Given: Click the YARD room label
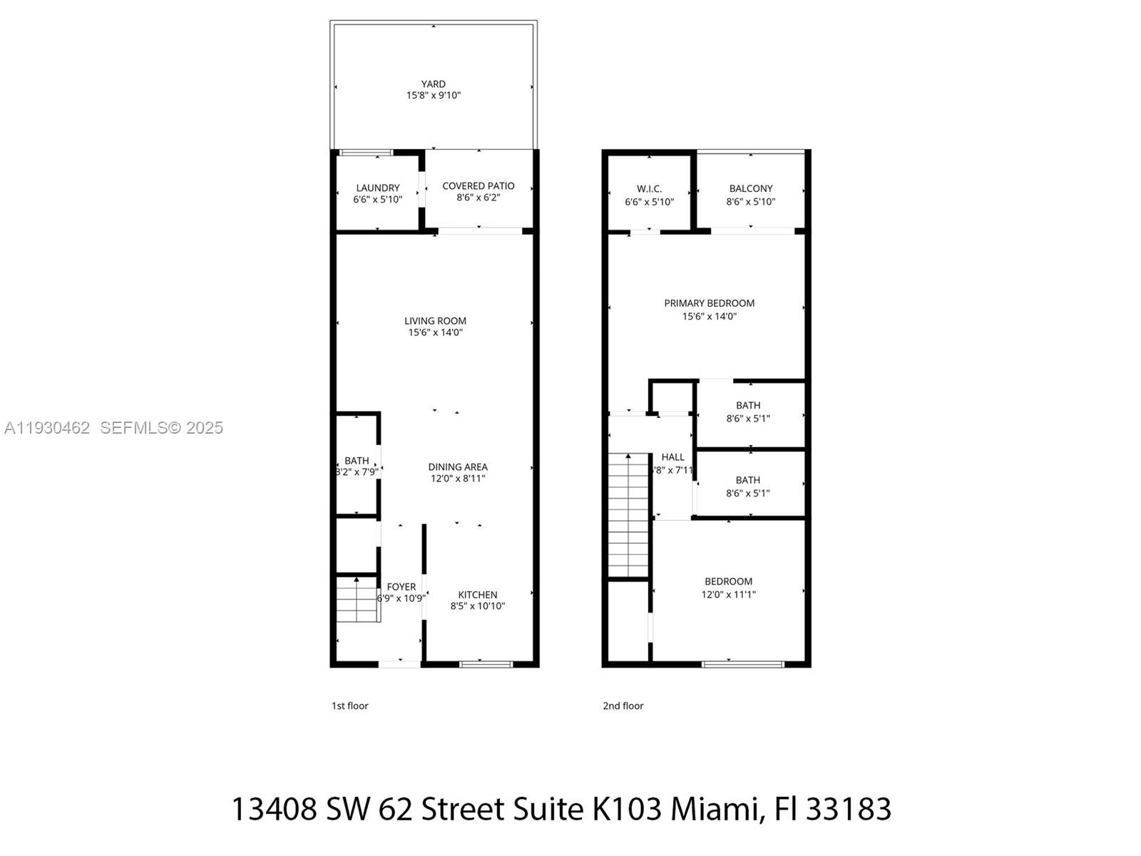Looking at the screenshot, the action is [433, 83].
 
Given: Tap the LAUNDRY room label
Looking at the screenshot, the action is [377, 188].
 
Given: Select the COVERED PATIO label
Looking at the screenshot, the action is [479, 185].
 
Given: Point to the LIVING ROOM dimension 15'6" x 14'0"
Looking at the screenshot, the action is [435, 332].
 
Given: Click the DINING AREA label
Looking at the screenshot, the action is [457, 467].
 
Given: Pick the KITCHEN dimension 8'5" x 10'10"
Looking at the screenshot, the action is [477, 606].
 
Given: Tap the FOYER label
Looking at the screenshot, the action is [401, 586].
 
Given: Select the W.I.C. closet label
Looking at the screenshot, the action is [649, 188].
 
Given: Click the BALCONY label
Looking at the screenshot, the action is [750, 188].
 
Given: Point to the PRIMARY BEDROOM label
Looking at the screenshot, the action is [709, 303].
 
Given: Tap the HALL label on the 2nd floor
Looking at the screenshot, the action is [672, 457].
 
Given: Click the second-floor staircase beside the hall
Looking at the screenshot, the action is [628, 514].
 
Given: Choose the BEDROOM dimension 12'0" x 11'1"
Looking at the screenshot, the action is [728, 594].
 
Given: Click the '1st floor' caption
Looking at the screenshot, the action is [350, 705].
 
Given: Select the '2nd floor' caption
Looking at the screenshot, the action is [623, 705].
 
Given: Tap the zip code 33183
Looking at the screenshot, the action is [849, 809].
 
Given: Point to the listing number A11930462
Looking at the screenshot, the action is [47, 427].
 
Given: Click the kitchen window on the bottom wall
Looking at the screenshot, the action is [486, 663].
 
